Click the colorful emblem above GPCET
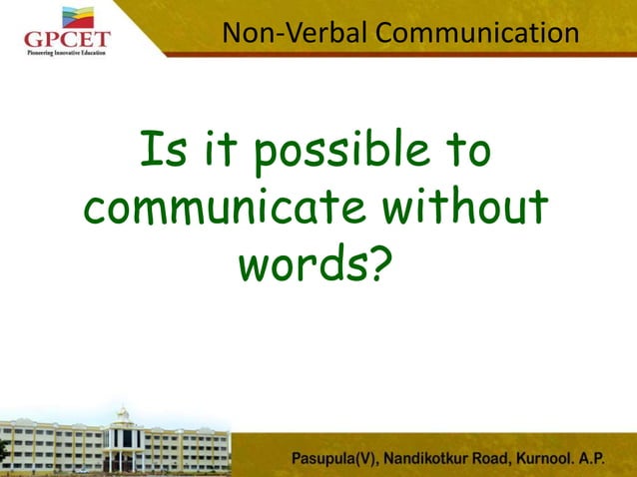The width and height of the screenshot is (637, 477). click(x=78, y=17)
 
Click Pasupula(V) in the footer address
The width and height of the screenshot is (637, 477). click(x=336, y=460)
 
